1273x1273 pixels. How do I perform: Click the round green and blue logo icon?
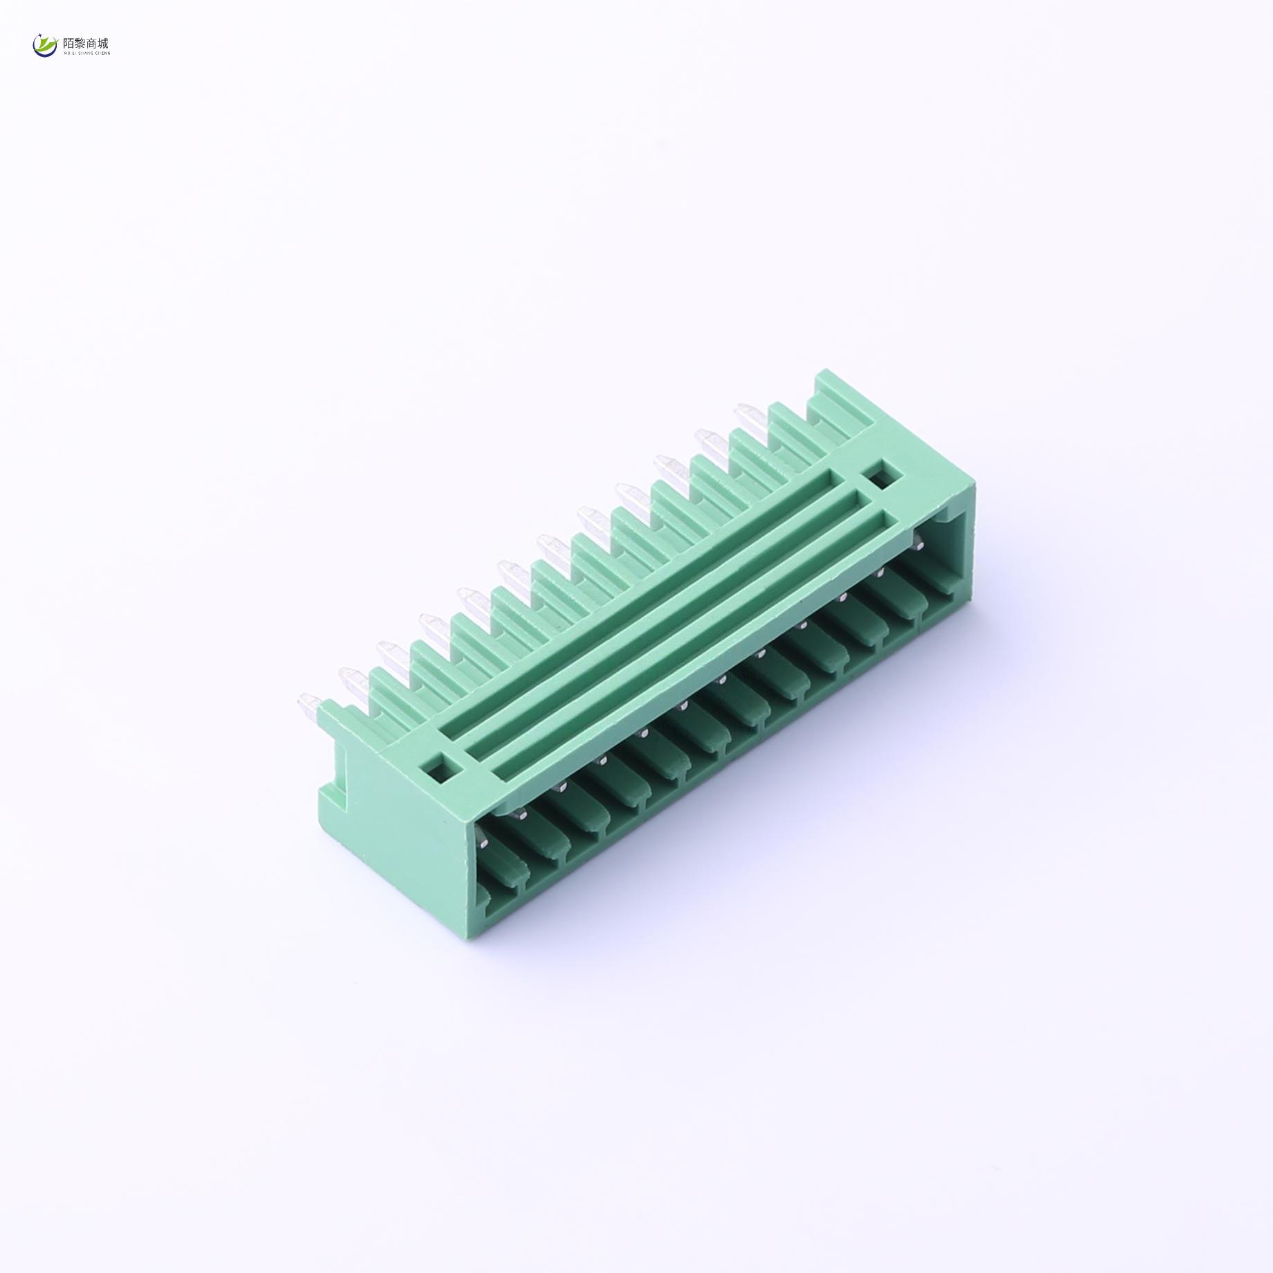point(46,46)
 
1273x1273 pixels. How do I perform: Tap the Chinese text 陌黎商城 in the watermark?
point(86,43)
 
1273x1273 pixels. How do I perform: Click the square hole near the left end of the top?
point(437,765)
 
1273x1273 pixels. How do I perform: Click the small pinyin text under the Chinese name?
point(87,53)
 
